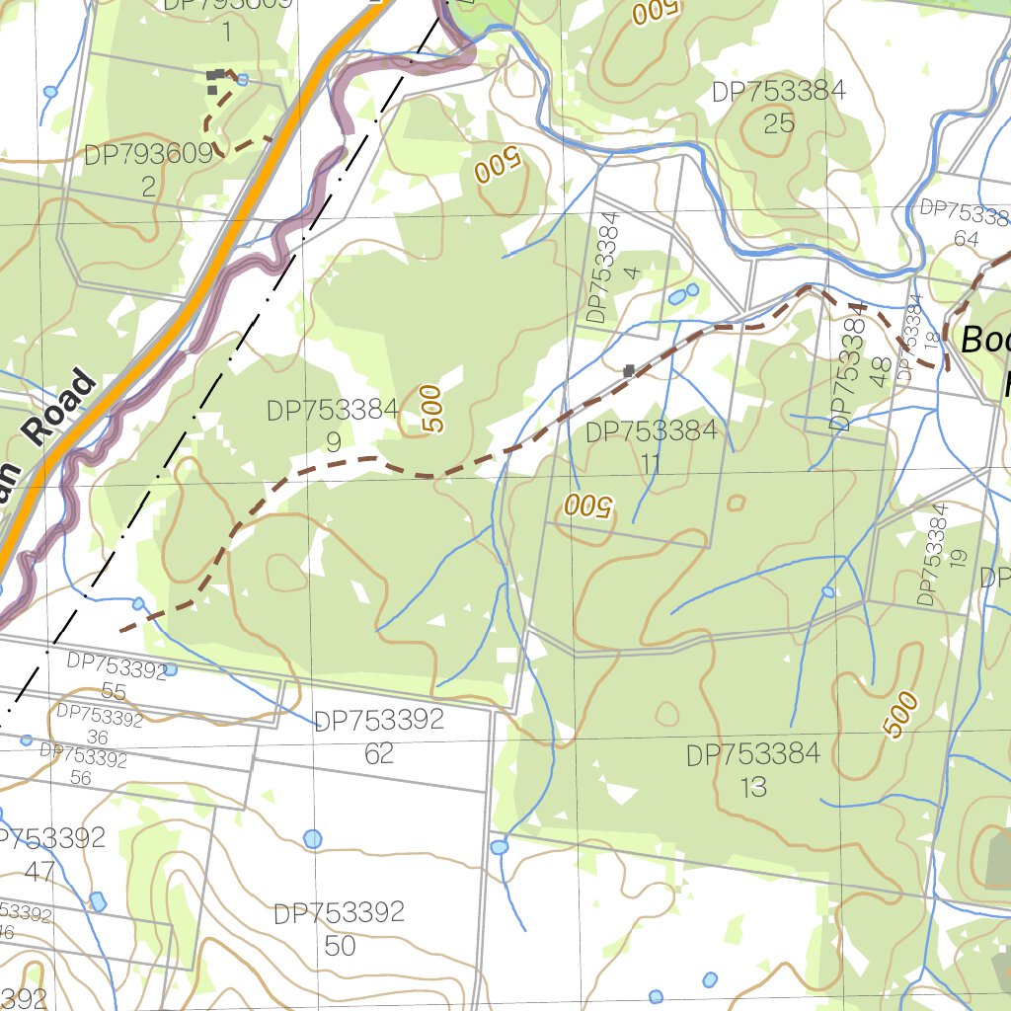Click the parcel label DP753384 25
(779, 107)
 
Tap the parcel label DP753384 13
(753, 771)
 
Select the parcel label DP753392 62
(379, 737)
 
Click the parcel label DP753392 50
(340, 928)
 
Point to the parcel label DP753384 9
(333, 426)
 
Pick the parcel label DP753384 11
(651, 447)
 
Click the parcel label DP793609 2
(149, 170)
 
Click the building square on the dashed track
(629, 371)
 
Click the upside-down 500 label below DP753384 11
(588, 506)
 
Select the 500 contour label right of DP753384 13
(900, 714)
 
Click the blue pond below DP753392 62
(312, 839)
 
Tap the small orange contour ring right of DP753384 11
(736, 504)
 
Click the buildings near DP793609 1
(213, 79)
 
